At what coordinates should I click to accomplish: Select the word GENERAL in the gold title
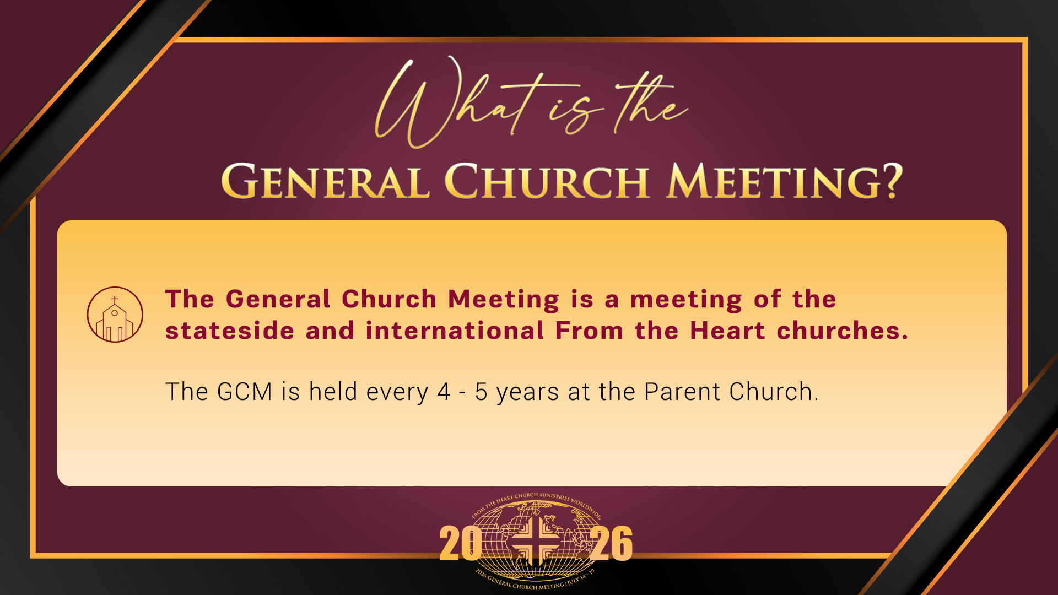tap(325, 181)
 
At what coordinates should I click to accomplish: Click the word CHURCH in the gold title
tap(546, 181)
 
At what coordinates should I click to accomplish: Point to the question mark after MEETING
tap(889, 180)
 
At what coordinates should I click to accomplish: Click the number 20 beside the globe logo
tap(460, 543)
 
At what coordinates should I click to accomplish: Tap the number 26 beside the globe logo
tap(612, 543)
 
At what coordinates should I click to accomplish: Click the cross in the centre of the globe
tap(534, 543)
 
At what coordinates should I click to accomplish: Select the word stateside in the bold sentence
tap(230, 331)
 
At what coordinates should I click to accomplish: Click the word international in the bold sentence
tap(455, 331)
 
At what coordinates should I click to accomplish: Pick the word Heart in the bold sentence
tap(727, 331)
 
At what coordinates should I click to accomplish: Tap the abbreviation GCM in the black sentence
tap(245, 392)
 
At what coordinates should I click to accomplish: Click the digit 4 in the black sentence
tap(444, 392)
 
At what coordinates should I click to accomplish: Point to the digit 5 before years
tap(481, 392)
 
